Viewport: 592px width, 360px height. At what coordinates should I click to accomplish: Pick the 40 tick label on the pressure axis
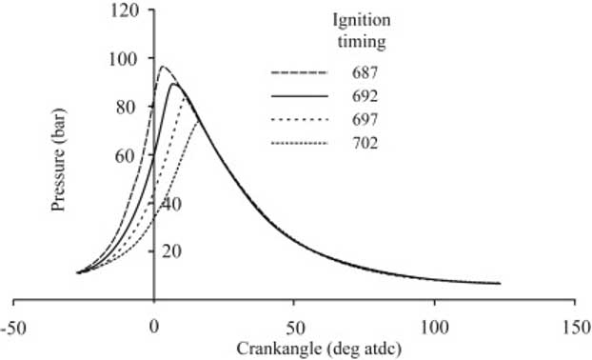point(171,203)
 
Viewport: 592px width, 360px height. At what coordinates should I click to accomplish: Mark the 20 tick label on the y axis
point(171,250)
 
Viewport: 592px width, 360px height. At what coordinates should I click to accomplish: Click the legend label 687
point(366,73)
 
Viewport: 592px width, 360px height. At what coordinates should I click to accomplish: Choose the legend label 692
point(366,96)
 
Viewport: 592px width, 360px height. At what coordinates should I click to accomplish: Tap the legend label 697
point(366,120)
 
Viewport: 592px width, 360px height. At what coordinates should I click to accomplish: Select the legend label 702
point(366,143)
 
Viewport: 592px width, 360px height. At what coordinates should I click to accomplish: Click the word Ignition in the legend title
point(366,20)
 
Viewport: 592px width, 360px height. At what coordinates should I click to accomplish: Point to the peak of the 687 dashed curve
point(162,67)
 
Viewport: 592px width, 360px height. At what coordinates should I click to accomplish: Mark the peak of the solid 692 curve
point(174,84)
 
